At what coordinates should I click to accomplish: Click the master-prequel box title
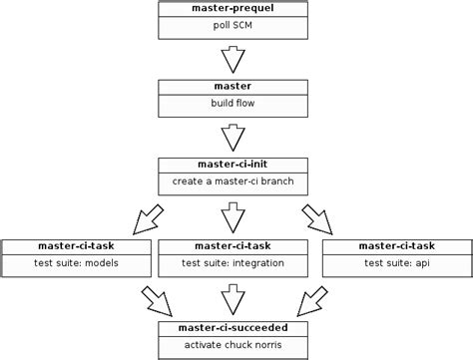point(232,8)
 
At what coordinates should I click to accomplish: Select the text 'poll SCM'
point(232,26)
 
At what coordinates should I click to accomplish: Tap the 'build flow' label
point(232,105)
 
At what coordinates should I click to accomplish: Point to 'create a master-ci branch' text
point(232,183)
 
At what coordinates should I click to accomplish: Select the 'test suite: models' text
point(76,263)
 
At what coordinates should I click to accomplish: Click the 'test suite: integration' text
point(232,263)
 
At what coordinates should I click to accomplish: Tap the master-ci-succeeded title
point(232,326)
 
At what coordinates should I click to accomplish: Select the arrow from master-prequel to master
point(232,59)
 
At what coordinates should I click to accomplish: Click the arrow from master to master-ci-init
point(232,138)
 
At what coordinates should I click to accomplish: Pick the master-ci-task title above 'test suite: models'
point(76,245)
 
